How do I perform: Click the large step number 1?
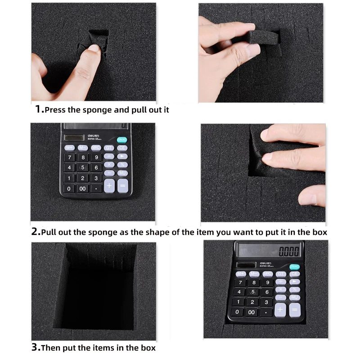click(38, 109)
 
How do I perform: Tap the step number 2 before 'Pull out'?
click(35, 231)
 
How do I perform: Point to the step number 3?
click(35, 347)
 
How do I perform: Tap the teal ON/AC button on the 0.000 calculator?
click(294, 267)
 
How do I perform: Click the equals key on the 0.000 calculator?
click(295, 310)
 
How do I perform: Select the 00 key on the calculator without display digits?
click(83, 189)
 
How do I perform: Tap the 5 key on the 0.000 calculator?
click(253, 292)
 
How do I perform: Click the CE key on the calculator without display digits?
click(122, 148)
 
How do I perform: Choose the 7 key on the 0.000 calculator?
click(240, 283)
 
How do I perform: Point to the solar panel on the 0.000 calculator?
click(246, 265)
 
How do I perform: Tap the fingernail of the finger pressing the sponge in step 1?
click(94, 48)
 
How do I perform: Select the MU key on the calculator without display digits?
click(122, 173)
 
